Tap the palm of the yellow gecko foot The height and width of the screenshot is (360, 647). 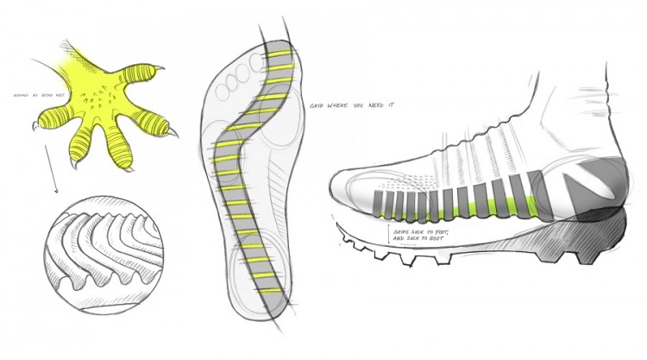click(x=104, y=95)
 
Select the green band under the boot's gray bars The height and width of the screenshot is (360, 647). click(x=466, y=208)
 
